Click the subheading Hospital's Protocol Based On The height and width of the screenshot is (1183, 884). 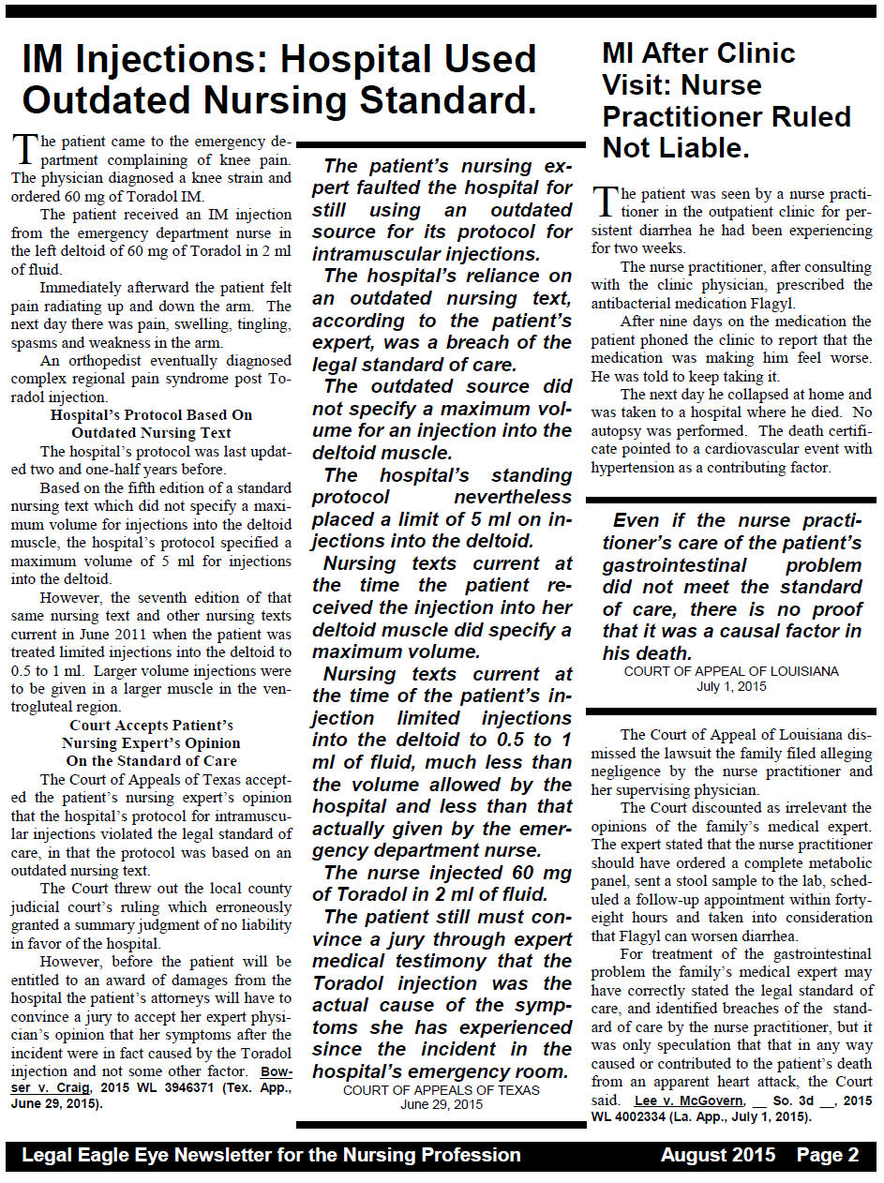coord(151,414)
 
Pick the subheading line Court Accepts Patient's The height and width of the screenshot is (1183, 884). coord(151,725)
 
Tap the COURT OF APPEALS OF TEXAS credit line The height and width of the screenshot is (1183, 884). coord(441,1089)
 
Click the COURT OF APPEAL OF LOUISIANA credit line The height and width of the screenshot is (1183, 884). coord(731,671)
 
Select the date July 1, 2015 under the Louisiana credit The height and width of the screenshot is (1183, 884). coord(731,686)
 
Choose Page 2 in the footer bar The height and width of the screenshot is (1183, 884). coord(828,1155)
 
